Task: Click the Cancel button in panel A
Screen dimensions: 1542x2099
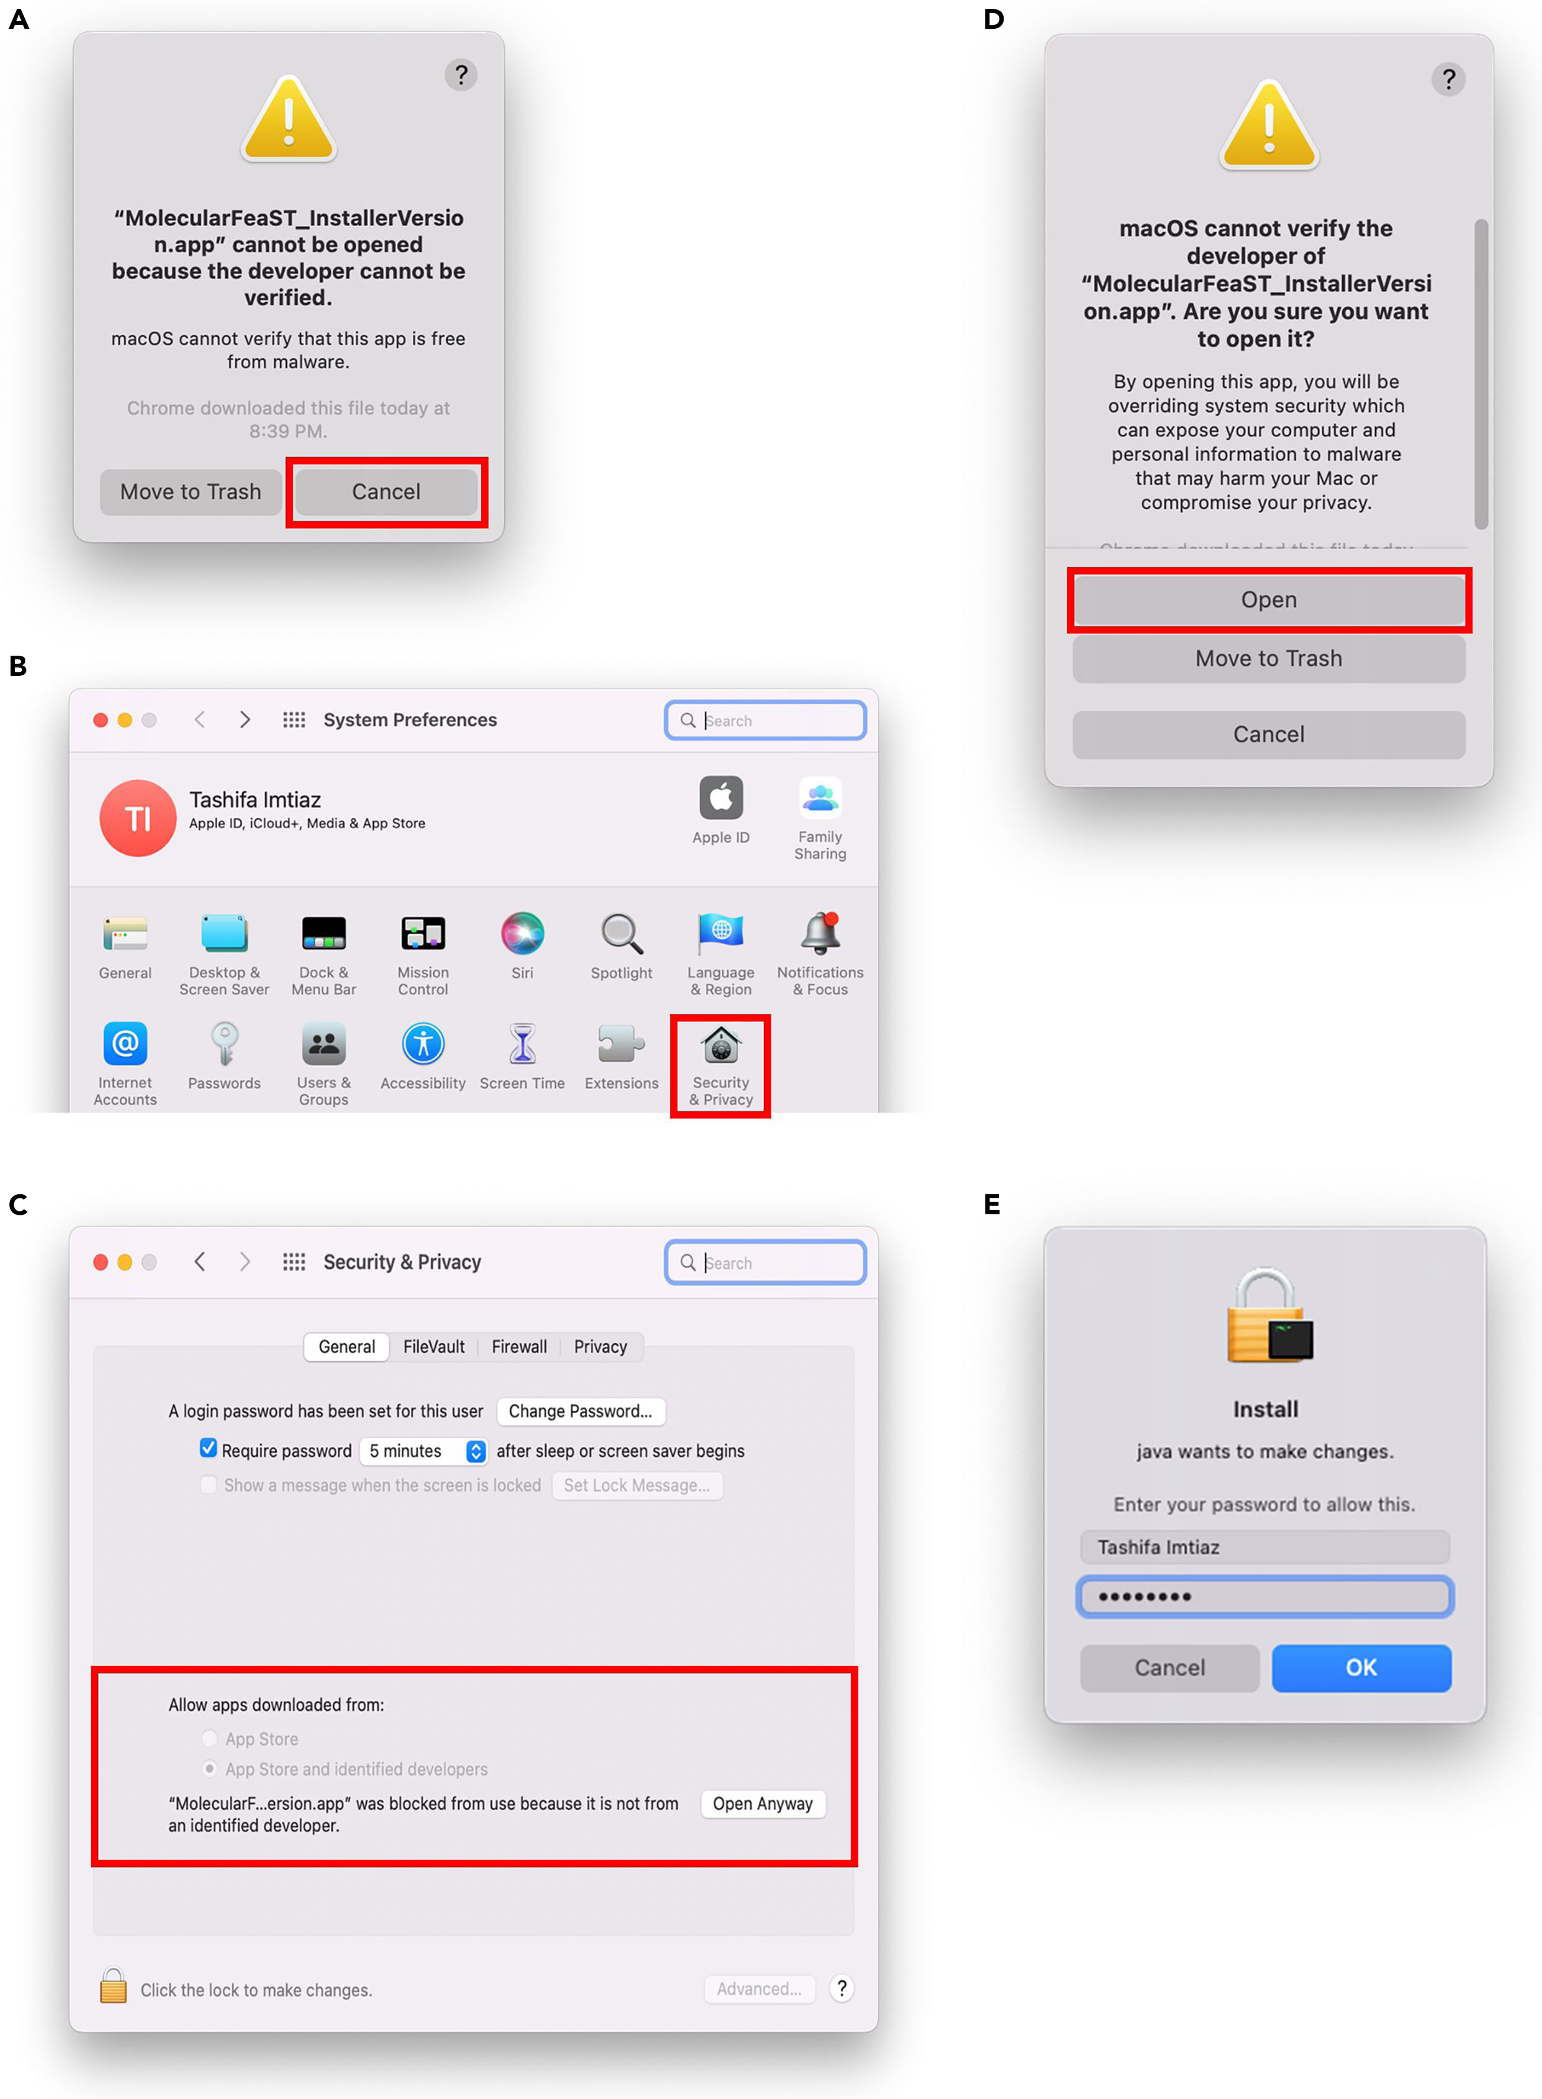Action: point(386,492)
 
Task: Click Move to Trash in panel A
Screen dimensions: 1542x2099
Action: point(190,492)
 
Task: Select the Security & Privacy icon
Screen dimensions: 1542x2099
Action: point(721,1045)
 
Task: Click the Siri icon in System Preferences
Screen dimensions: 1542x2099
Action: point(522,933)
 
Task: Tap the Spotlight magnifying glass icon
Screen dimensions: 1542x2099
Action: point(622,933)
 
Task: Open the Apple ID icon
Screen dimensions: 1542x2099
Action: point(721,798)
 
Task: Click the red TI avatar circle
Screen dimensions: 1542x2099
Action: point(138,819)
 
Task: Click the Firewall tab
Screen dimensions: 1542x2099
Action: point(519,1347)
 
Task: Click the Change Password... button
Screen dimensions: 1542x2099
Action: point(581,1411)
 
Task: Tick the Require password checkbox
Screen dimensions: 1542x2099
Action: point(208,1448)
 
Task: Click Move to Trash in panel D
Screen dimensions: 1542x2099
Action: point(1268,659)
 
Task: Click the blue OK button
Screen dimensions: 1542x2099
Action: point(1361,1668)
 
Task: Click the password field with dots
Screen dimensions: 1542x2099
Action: point(1265,1596)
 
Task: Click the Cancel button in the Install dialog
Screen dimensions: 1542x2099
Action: point(1169,1668)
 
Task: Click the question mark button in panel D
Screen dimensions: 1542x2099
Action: point(1448,80)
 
